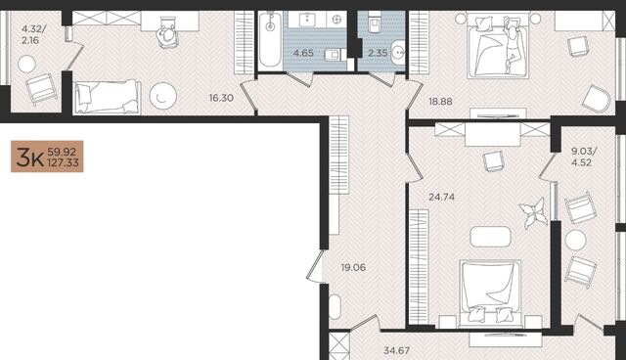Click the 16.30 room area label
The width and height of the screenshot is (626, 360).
221,98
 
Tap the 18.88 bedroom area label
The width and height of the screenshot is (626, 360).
440,102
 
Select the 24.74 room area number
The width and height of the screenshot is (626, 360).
441,197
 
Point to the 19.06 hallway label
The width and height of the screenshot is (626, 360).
353,267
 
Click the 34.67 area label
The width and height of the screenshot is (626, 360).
396,350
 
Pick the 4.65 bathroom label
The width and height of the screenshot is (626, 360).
303,53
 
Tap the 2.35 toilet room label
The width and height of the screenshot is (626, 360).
378,53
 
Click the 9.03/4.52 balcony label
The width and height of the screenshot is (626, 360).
583,157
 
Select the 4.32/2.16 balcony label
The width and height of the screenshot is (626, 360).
33,34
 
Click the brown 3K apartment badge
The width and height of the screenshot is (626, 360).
47,157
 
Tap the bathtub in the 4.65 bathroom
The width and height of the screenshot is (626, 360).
270,39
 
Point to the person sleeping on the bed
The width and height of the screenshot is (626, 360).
512,45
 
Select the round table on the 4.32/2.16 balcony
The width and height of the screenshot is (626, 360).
26,64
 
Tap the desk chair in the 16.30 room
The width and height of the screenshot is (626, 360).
168,33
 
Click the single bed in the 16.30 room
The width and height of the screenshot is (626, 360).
108,97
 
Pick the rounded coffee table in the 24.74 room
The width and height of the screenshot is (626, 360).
490,237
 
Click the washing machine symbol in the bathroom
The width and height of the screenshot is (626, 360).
336,20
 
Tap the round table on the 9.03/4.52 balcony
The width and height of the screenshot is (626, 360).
575,241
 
